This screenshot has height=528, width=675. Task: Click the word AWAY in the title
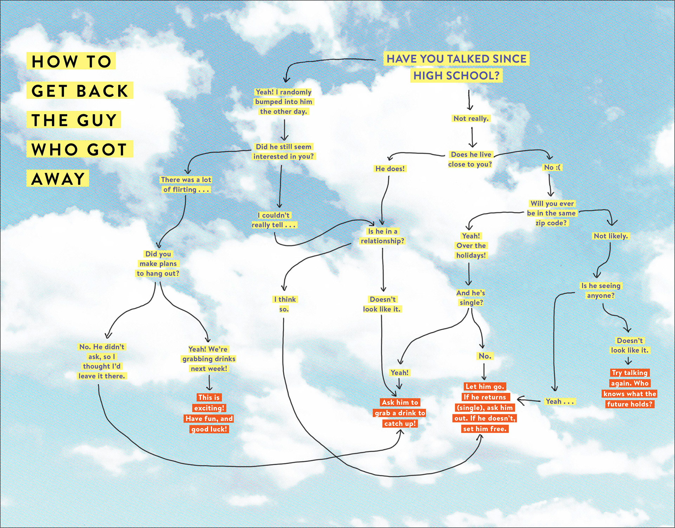(58, 178)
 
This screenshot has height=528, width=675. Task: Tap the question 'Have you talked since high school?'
(456, 67)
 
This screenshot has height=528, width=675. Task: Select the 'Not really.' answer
(471, 118)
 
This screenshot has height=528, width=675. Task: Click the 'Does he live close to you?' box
(470, 159)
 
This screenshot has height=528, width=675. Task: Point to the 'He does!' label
(390, 169)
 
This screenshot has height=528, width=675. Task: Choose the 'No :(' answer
(552, 167)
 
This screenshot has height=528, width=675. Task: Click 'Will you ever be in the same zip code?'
(551, 213)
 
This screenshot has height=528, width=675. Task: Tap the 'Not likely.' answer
(611, 236)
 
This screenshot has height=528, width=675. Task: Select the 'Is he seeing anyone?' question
(601, 291)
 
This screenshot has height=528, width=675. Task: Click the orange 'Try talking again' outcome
(630, 388)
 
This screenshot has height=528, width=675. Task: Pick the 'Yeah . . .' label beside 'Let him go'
(559, 401)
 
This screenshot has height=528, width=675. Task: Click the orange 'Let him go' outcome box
(485, 408)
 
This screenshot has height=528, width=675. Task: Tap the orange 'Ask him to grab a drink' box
(400, 413)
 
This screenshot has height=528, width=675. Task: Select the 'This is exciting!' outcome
(209, 413)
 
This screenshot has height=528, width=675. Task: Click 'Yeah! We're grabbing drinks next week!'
(209, 359)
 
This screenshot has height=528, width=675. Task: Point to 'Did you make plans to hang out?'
(158, 263)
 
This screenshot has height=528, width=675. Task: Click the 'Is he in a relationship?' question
(382, 236)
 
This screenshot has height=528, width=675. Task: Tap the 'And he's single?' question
(471, 298)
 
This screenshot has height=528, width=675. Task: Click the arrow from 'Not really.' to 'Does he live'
(472, 137)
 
